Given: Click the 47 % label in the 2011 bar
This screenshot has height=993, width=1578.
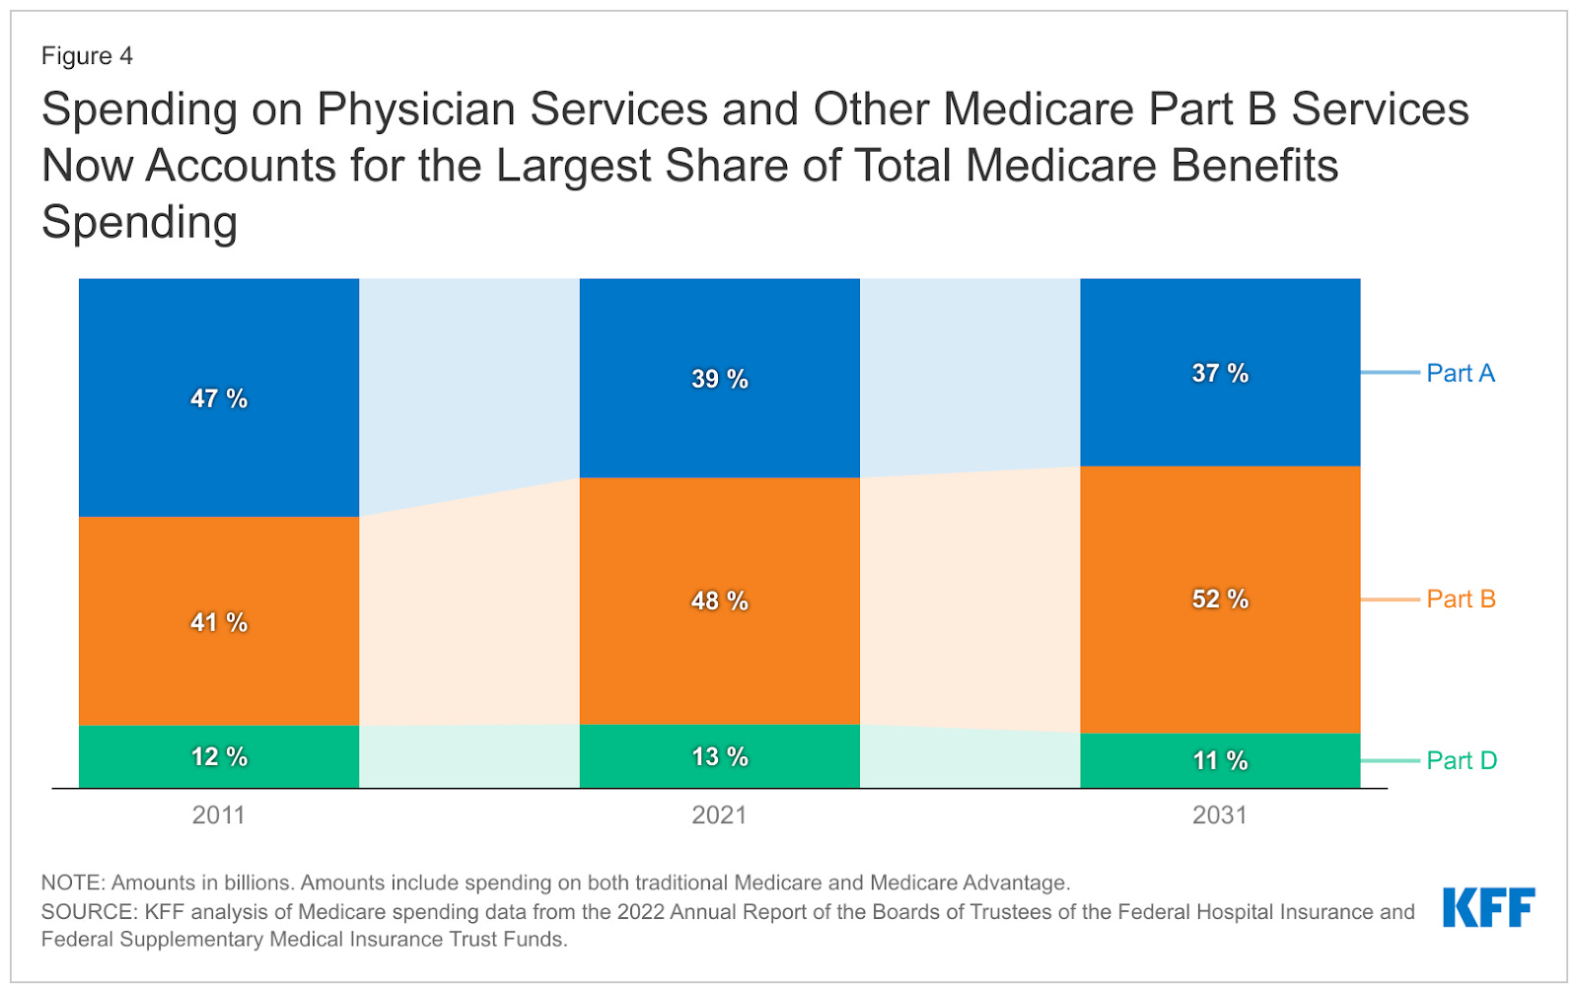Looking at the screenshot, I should point(219,398).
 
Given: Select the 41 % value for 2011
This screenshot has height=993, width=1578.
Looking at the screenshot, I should point(219,622).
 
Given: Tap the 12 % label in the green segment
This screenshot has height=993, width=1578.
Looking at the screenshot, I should point(219,756).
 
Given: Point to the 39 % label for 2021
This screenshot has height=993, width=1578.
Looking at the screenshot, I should point(719,379).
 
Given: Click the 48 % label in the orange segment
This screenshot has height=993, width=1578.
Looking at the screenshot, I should point(719,601).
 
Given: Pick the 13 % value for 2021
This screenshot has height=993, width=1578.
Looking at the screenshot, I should point(719,756).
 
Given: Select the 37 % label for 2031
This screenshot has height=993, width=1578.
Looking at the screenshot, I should point(1220,373).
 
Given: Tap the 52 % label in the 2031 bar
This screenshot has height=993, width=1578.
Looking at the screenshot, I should point(1220,599).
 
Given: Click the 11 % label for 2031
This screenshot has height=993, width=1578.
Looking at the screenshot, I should point(1220,760).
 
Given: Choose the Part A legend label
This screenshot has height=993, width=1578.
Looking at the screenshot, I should point(1461,373).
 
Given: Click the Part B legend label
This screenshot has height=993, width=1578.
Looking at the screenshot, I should point(1461,599).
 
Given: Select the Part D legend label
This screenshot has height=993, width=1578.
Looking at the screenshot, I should point(1462,760).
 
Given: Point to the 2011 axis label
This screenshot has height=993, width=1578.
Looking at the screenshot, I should point(218,816).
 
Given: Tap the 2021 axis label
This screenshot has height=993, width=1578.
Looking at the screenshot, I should point(719,816).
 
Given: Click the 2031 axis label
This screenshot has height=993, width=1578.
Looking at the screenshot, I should point(1220,816).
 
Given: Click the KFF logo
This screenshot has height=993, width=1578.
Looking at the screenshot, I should point(1488,907).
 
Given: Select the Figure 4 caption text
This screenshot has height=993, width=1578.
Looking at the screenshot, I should point(87,56).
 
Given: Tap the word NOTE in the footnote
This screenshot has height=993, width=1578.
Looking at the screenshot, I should point(72,883).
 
